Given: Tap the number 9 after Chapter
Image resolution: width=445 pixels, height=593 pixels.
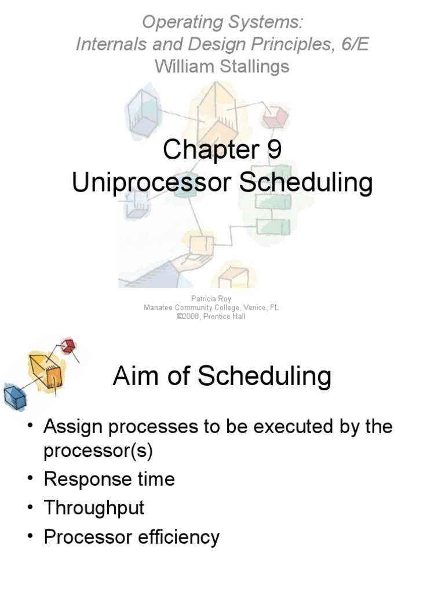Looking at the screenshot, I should tap(274, 150).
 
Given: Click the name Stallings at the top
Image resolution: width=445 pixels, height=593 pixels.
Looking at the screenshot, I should tap(254, 66).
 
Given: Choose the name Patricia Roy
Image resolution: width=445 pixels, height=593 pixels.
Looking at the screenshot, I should tap(211, 299).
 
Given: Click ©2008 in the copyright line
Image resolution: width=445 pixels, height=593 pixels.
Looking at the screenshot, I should tap(188, 317).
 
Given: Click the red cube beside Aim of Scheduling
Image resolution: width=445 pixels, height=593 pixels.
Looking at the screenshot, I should tap(68, 346).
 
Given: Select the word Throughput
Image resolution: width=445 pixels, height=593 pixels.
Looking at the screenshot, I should tap(94, 508).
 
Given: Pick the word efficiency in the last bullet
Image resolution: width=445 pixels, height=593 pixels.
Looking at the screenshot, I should tap(180, 537).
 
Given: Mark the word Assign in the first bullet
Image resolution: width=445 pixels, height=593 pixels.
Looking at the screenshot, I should tap(72, 427).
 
